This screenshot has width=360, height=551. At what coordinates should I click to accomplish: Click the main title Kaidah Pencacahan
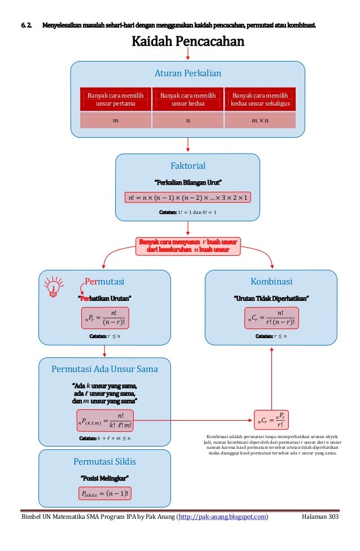click(188, 42)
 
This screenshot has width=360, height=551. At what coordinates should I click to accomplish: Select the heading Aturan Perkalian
click(188, 73)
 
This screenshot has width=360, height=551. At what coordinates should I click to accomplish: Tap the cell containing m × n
click(260, 120)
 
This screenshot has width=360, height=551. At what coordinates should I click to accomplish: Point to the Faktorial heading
click(188, 165)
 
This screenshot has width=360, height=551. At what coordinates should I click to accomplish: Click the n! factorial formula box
click(188, 197)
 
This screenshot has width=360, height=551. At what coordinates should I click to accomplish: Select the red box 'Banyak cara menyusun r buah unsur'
click(188, 246)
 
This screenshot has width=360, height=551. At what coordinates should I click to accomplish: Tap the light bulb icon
click(54, 285)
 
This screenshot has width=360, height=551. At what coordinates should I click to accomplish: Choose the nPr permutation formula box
click(104, 318)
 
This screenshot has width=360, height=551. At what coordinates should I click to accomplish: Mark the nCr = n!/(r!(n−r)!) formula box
click(271, 318)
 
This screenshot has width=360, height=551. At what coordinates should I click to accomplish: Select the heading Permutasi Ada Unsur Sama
click(104, 369)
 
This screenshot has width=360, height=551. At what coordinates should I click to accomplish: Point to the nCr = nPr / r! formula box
click(271, 420)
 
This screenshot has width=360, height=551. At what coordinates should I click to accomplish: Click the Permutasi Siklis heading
click(104, 461)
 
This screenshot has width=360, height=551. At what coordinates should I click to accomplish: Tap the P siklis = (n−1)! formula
click(104, 494)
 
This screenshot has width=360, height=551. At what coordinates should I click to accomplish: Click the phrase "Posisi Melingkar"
click(104, 478)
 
